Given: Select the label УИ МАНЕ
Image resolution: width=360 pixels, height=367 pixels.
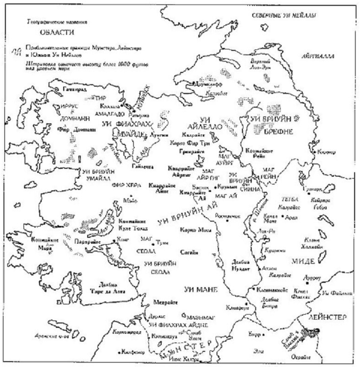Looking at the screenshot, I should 198,289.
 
